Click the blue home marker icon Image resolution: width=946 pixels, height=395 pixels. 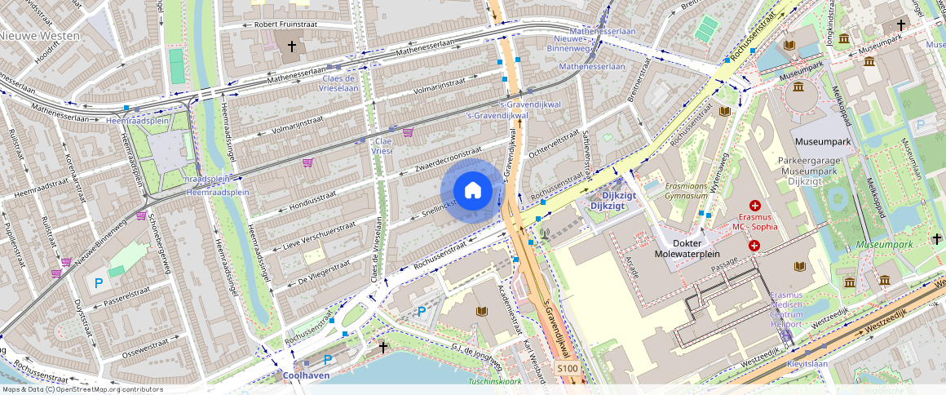pos(472,191)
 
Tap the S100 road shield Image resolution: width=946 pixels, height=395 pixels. pos(568,369)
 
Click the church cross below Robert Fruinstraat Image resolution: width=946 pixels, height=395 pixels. pos(291,47)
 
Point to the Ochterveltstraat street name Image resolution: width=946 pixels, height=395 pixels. pos(552,140)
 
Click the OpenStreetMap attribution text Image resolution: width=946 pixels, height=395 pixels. pos(82,389)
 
